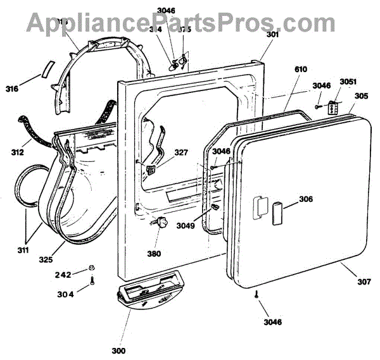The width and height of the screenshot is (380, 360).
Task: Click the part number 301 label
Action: click(x=272, y=35)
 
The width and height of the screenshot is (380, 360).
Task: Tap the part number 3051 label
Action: click(x=348, y=82)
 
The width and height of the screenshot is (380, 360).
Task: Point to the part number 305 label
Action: click(x=360, y=96)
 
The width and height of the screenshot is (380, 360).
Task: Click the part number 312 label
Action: click(x=18, y=152)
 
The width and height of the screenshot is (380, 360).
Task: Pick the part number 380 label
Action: click(x=154, y=254)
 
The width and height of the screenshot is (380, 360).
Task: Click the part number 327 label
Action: click(x=180, y=152)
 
